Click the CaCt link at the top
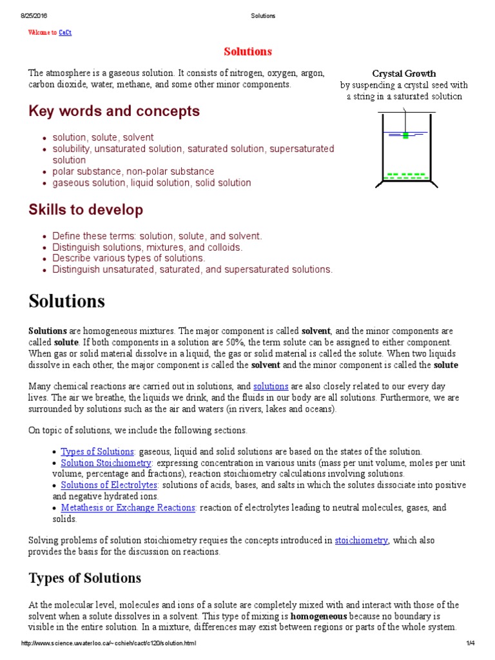pos(65,33)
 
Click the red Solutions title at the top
pos(247,52)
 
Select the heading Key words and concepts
pos(114,111)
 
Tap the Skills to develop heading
pos(86,209)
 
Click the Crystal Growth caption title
pos(404,73)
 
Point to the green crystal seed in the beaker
pos(405,135)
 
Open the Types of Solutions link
pos(97,451)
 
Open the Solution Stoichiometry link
pos(106,463)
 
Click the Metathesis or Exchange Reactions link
pos(128,507)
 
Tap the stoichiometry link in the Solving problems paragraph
pos(362,540)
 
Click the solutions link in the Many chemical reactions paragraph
pos(270,386)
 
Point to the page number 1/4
pos(471,643)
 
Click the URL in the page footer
pos(109,643)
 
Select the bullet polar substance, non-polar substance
pos(133,171)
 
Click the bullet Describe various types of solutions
pos(129,258)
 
